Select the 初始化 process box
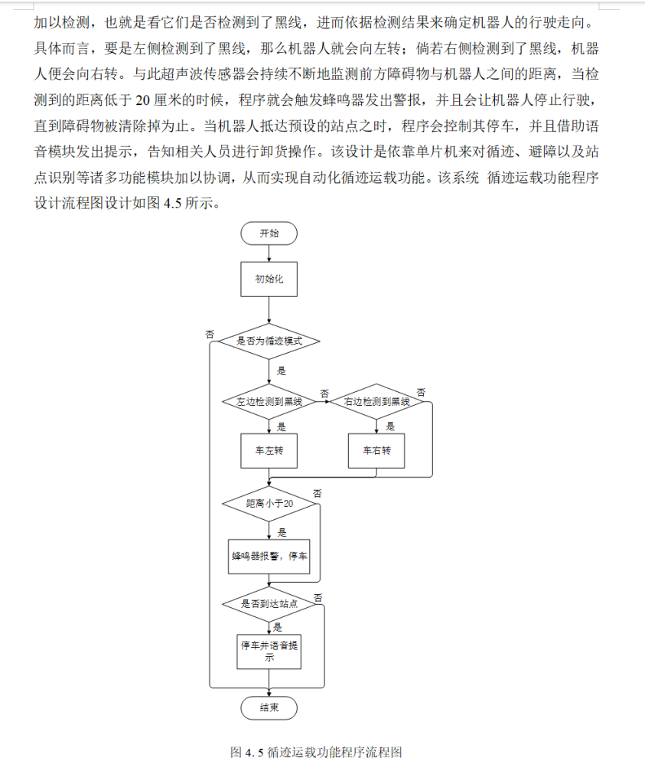click(x=269, y=279)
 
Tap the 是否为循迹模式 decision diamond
click(x=269, y=341)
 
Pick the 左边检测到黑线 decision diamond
click(x=269, y=402)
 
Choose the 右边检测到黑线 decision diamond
click(x=376, y=402)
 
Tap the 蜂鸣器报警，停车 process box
click(x=269, y=557)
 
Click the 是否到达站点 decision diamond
click(x=269, y=603)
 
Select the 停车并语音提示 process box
click(x=269, y=651)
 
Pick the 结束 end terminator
click(x=269, y=708)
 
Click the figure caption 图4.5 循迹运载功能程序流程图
click(x=316, y=752)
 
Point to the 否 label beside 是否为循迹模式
click(x=210, y=334)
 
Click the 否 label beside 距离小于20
click(x=318, y=492)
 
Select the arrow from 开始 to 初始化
click(x=269, y=254)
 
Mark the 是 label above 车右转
click(x=390, y=426)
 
